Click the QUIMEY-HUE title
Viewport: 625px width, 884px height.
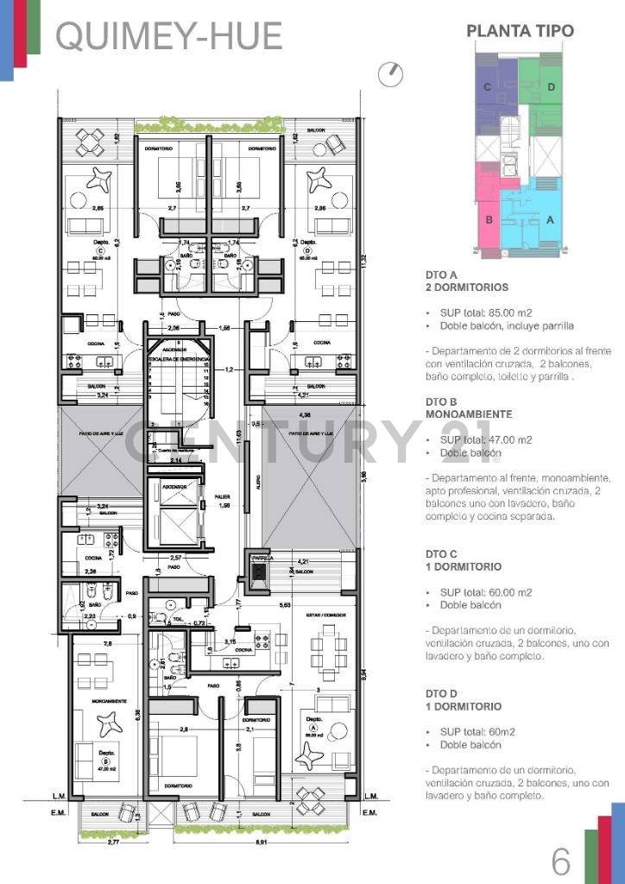pyautogui.click(x=169, y=36)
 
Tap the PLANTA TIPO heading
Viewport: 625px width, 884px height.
pyautogui.click(x=520, y=31)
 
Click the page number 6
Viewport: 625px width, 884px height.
pyautogui.click(x=561, y=861)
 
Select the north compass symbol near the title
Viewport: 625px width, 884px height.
pyautogui.click(x=391, y=74)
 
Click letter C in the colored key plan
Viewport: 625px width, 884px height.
pyautogui.click(x=488, y=86)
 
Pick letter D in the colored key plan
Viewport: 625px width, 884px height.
pyautogui.click(x=551, y=86)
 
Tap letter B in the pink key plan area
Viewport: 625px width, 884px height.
pyautogui.click(x=489, y=219)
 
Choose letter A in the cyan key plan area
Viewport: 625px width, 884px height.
pyautogui.click(x=549, y=219)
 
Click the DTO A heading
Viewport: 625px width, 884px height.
pyautogui.click(x=441, y=275)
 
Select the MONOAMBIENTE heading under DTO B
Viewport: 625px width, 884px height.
pyautogui.click(x=469, y=414)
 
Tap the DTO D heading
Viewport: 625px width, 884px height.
pyautogui.click(x=441, y=694)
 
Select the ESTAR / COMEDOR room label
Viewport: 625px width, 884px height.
pyautogui.click(x=323, y=615)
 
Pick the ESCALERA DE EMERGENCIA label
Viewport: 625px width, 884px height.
pyautogui.click(x=176, y=357)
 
